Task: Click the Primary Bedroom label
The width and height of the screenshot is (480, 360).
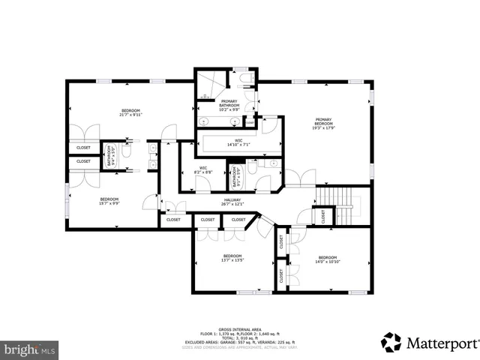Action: [323, 123]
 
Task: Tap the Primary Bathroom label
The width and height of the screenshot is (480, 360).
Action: [229, 104]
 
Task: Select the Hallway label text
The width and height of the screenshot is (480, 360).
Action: [231, 200]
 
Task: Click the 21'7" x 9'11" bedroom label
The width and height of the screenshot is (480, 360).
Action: [130, 112]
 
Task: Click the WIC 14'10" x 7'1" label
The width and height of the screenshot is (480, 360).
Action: [238, 142]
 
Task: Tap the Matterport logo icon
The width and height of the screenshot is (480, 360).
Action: [391, 342]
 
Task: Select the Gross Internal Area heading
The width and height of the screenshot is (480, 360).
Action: [240, 329]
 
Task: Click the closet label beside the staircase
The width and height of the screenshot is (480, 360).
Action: [323, 216]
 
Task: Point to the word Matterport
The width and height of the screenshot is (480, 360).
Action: [442, 343]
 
